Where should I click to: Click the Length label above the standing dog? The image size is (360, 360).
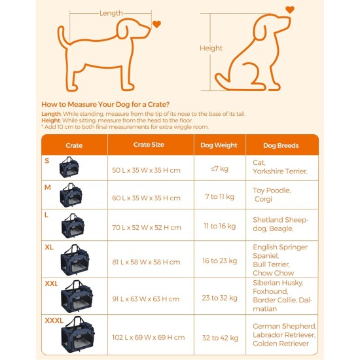point(111,13)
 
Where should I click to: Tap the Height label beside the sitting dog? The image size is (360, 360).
point(211,48)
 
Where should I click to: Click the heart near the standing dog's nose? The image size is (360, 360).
point(156,25)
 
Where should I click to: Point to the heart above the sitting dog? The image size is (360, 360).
point(289,10)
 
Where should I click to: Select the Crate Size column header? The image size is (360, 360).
point(149,145)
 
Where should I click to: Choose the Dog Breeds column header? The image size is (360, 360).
point(281,145)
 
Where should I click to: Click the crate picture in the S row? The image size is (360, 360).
point(69,168)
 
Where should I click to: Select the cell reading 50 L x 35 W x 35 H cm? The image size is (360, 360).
point(146,170)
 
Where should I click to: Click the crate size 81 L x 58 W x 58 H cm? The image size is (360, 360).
point(146,262)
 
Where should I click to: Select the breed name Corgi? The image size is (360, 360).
point(262,200)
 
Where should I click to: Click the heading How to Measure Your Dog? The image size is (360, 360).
point(105,104)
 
